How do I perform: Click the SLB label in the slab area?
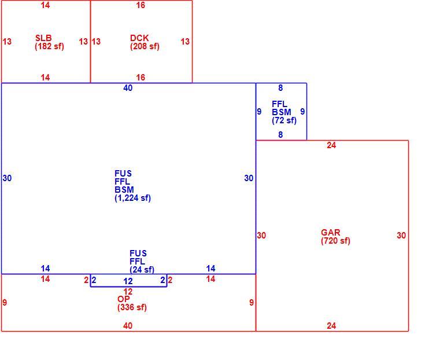(43, 38)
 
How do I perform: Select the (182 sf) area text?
(50, 46)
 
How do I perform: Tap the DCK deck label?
(139, 38)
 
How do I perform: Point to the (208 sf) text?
(145, 46)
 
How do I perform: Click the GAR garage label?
(331, 233)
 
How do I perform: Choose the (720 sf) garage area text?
(335, 241)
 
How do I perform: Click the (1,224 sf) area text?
(132, 198)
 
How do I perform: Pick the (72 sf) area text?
(284, 120)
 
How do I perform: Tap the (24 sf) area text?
(142, 270)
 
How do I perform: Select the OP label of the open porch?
(124, 299)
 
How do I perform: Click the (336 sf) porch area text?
(132, 307)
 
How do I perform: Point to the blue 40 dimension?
(128, 88)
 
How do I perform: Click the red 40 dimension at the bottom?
(128, 325)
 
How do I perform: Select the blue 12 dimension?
(128, 281)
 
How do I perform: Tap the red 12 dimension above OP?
(128, 292)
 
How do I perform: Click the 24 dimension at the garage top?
(331, 145)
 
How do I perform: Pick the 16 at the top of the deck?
(141, 5)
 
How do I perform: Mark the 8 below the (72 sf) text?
(280, 135)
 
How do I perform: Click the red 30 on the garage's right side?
(401, 236)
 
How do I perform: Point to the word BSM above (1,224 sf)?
(124, 190)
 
